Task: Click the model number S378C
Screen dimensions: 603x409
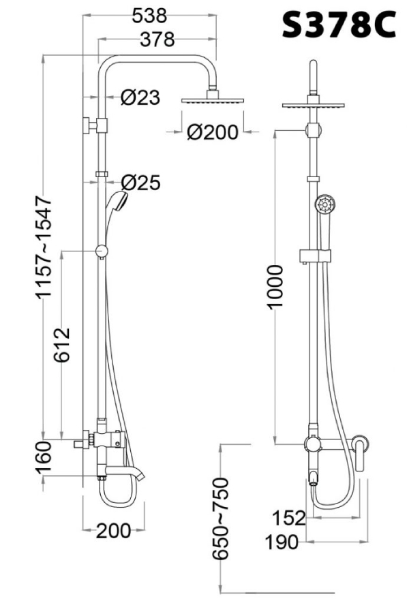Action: tap(338, 27)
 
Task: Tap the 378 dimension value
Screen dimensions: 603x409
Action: tap(156, 40)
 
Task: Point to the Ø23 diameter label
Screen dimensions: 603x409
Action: tap(140, 98)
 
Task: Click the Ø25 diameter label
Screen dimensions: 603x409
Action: tap(140, 183)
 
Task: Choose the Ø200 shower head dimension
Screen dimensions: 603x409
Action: tap(213, 132)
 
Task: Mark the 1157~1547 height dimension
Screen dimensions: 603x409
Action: tap(45, 246)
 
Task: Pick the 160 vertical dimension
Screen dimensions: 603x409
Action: tap(45, 460)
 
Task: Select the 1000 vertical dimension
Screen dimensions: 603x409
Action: tap(275, 287)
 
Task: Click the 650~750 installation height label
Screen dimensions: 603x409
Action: tap(221, 517)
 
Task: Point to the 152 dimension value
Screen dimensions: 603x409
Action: tap(289, 519)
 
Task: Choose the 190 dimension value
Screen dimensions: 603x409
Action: tap(283, 542)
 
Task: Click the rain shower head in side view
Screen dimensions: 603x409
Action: tap(213, 99)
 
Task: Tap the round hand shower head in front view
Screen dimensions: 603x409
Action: tap(324, 203)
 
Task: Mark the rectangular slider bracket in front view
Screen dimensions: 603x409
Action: tap(314, 256)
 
